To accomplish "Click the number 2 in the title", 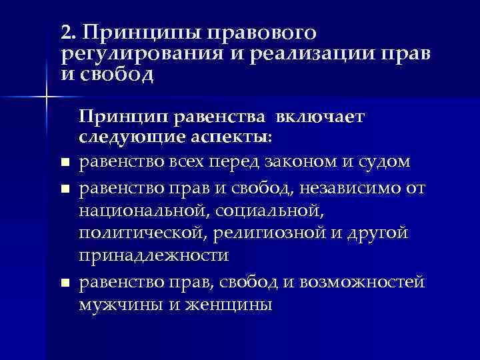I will click(64, 31).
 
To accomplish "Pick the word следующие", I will click(122, 139).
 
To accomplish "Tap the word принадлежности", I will click(154, 256).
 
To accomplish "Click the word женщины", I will click(230, 305).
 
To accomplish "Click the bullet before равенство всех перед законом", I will click(64, 163).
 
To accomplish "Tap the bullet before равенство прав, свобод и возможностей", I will click(64, 284).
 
